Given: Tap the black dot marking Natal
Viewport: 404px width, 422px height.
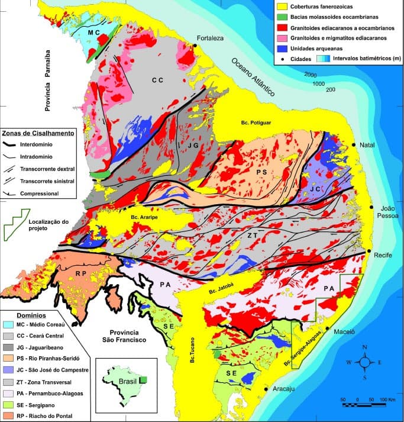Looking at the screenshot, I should click(354, 144).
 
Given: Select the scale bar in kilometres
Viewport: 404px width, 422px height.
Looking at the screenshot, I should click(363, 404).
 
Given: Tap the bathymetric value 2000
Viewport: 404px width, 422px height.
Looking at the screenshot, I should click(311, 75).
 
